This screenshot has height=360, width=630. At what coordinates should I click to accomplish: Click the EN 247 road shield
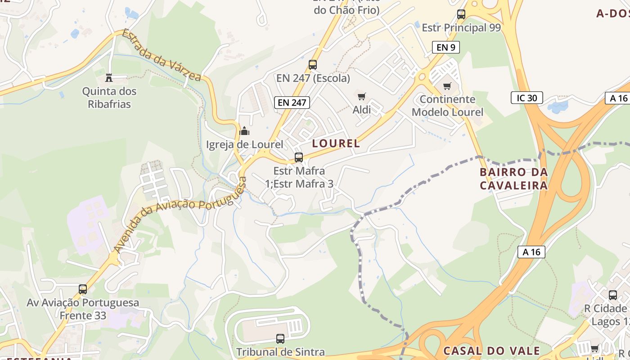(x=292, y=103)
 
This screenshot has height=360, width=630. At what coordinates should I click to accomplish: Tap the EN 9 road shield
(x=445, y=47)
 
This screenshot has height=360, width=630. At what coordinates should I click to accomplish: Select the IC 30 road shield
(x=526, y=98)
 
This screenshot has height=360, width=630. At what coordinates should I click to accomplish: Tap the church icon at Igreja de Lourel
(x=244, y=131)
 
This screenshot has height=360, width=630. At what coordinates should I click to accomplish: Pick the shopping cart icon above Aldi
(x=361, y=96)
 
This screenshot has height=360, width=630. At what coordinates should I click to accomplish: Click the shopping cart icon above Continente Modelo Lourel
(x=447, y=86)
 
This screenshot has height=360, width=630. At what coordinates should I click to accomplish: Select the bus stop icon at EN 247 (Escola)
(x=313, y=65)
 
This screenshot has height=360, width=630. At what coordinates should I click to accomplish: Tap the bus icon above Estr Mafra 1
(x=298, y=157)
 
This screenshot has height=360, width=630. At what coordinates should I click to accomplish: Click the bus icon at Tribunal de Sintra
(x=280, y=338)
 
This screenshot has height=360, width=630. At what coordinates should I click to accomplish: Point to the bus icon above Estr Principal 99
(x=461, y=14)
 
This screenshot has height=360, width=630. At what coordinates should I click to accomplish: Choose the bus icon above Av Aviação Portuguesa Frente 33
(x=83, y=289)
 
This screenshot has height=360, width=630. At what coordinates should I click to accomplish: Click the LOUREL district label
(x=336, y=144)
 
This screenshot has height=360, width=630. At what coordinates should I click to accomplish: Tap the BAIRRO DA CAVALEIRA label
(x=513, y=179)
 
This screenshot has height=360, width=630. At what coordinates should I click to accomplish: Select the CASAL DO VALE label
(x=491, y=351)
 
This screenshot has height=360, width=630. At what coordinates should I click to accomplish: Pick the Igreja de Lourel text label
(x=244, y=144)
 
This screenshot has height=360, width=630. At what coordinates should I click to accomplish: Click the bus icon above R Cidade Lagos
(x=612, y=295)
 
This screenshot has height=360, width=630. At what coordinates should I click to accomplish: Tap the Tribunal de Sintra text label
(x=280, y=352)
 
